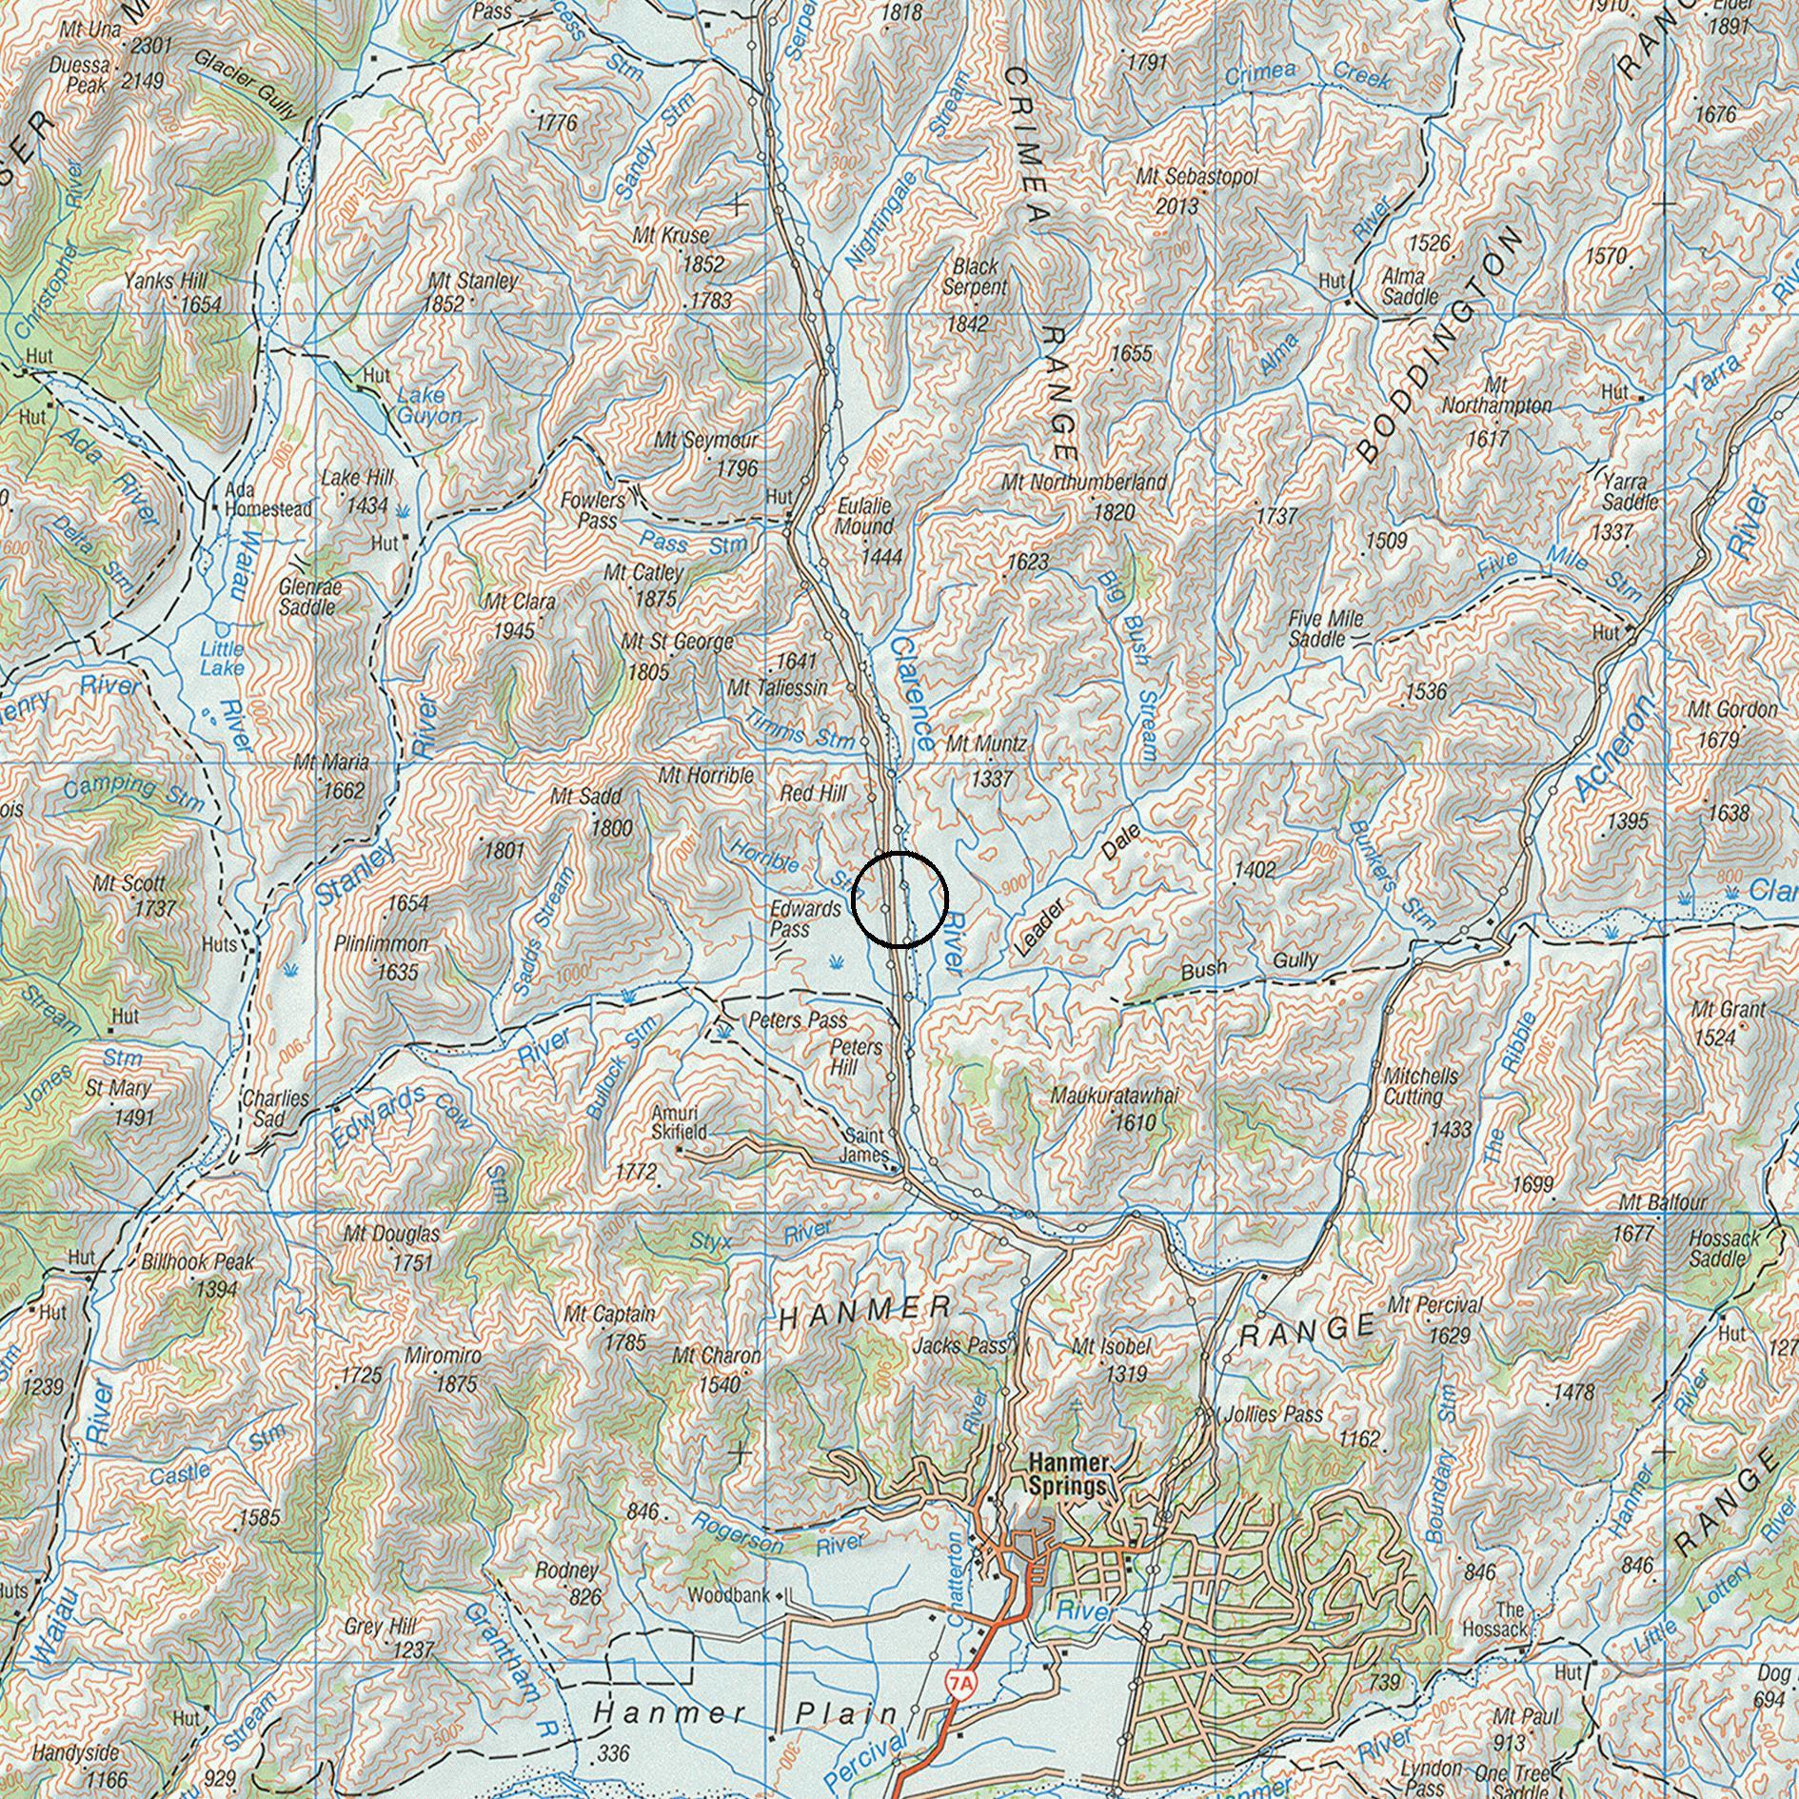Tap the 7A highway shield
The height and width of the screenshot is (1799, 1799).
tap(961, 1684)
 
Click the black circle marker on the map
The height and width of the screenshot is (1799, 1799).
tap(899, 899)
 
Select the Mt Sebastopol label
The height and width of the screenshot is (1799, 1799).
tap(1196, 178)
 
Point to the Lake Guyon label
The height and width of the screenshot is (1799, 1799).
tap(428, 405)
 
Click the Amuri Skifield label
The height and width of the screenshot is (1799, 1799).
tap(679, 1122)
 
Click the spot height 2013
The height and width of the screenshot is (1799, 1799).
tap(1177, 205)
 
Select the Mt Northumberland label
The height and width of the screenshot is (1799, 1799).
tap(1083, 483)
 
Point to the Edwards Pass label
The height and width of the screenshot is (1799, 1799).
tap(803, 919)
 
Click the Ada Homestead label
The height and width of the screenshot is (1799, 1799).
tap(267, 500)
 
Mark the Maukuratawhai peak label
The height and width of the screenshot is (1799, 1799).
tap(1114, 1097)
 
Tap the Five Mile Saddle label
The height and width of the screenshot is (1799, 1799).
tap(1325, 629)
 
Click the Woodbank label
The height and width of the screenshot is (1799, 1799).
tap(731, 1594)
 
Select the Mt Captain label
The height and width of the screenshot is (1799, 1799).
tap(609, 1315)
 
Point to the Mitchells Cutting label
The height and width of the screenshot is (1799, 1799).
tap(1419, 1086)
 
